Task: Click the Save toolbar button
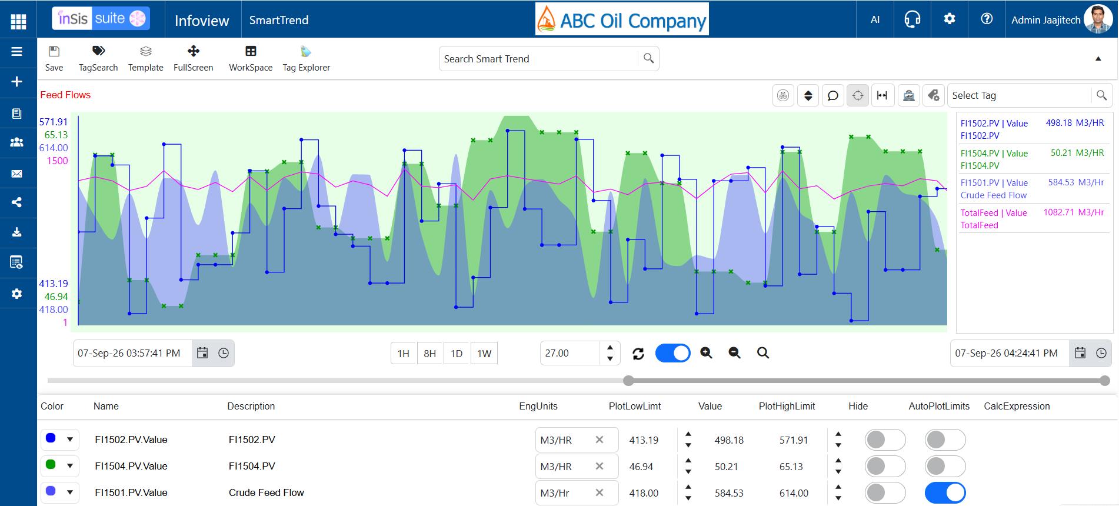coord(54,58)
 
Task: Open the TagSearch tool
coord(98,58)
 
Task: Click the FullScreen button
coord(194,58)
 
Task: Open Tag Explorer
coord(306,58)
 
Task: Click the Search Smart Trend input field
coord(538,59)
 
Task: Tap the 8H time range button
coord(430,354)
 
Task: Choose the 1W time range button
coord(484,354)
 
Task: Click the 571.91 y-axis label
coord(54,122)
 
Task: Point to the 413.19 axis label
coord(54,284)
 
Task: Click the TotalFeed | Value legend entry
coord(994,213)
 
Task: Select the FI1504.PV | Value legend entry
coord(994,154)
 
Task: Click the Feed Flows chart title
coord(65,95)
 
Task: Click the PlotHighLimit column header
coord(787,406)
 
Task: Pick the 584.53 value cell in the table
coord(729,493)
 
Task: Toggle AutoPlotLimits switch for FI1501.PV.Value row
coord(945,493)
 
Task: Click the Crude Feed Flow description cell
coord(267,493)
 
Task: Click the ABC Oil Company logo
coord(622,19)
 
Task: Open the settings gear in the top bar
coord(949,19)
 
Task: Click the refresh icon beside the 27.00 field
coord(638,354)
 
